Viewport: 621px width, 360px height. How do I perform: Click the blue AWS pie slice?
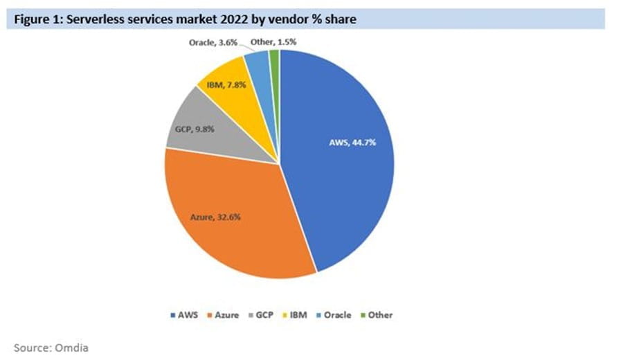pos(346,180)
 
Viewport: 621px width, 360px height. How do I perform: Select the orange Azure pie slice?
pos(235,228)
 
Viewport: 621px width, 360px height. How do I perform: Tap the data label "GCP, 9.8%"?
pos(191,129)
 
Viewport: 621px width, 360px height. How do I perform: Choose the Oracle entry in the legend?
pos(333,315)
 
